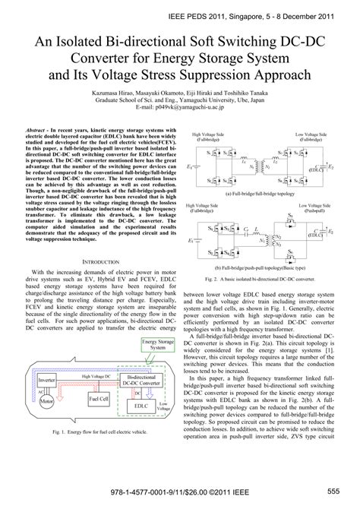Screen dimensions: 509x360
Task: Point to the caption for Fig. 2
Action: pyautogui.click(x=270, y=280)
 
